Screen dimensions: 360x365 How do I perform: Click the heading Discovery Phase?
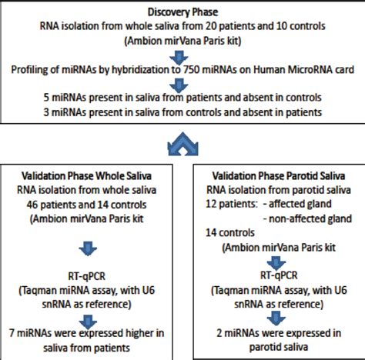[182, 12]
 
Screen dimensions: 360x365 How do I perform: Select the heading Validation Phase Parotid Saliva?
[276, 175]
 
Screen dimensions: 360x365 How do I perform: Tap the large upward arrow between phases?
[182, 142]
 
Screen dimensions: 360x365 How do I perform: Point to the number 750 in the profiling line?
[225, 71]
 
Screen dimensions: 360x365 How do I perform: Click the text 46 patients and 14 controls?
[92, 204]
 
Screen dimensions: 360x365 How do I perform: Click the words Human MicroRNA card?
[299, 71]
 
